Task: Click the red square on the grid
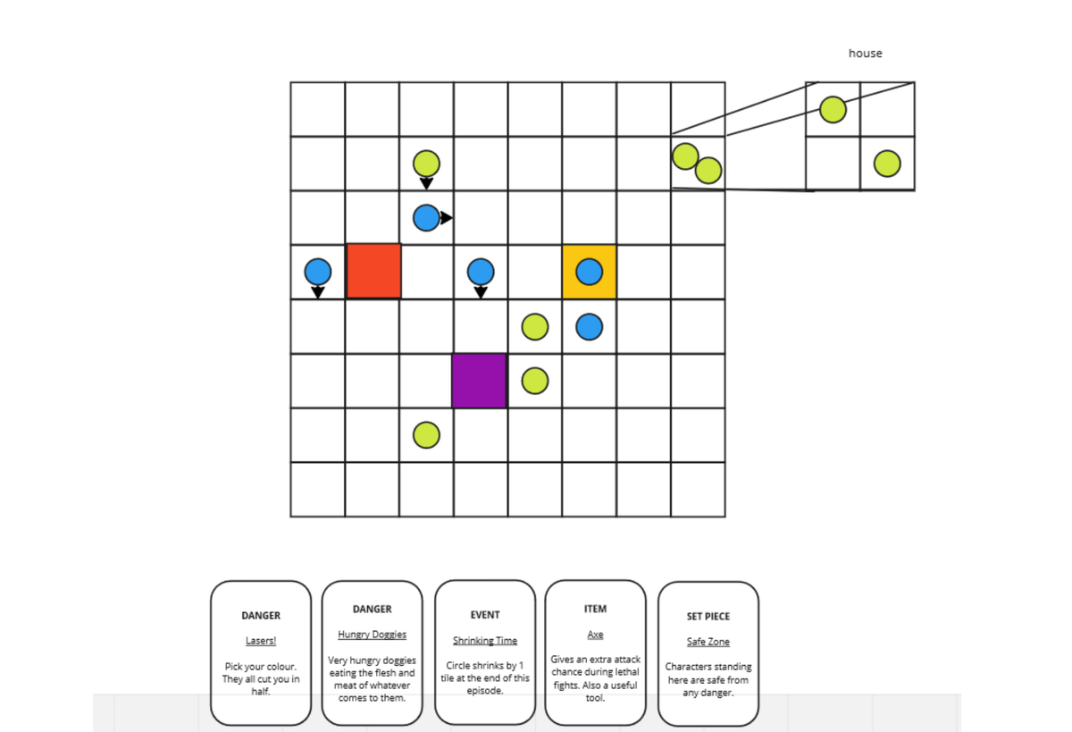373,271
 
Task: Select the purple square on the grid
480,381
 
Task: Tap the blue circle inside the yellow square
589,271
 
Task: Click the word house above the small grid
865,54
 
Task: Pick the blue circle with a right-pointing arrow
427,218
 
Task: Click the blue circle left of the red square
318,271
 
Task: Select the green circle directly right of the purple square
534,381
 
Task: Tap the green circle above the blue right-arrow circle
427,164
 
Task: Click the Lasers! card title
261,641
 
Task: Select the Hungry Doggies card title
372,635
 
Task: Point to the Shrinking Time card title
484,641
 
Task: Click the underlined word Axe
595,635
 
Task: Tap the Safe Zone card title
708,642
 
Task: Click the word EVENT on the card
484,615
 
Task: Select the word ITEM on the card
595,609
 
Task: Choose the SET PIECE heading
708,616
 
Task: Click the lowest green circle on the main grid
427,435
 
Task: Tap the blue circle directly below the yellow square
589,326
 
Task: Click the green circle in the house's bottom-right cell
887,164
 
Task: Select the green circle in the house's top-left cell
833,110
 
